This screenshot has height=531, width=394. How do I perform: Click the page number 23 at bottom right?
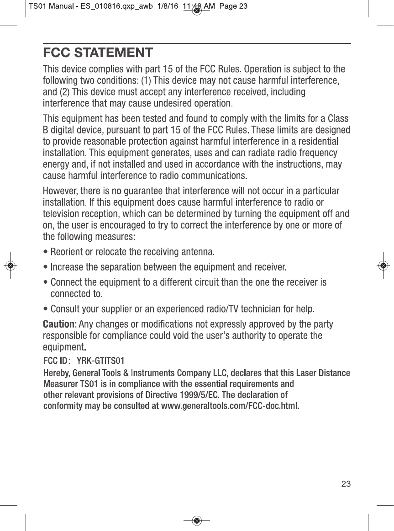tap(346, 484)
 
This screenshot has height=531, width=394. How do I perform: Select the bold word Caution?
tap(58, 324)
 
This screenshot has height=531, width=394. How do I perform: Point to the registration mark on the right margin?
tap(383, 265)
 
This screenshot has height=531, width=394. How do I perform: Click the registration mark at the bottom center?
tap(197, 520)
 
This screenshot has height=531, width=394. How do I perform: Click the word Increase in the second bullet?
tap(67, 266)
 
